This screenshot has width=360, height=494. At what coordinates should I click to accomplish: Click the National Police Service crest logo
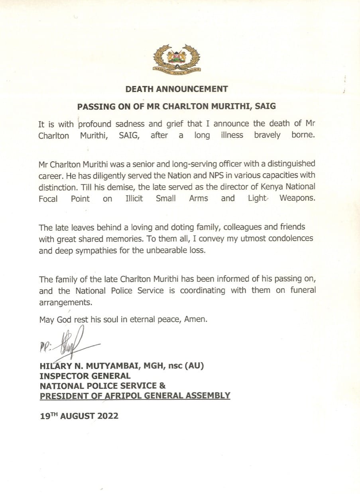point(177,59)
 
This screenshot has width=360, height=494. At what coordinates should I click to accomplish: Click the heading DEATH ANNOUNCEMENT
point(177,89)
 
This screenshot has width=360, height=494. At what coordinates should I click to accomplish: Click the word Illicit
point(134,198)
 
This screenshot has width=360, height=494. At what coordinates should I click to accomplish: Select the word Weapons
point(297,198)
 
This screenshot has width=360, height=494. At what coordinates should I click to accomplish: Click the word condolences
point(292,239)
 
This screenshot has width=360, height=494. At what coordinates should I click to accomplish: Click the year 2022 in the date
point(107,416)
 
